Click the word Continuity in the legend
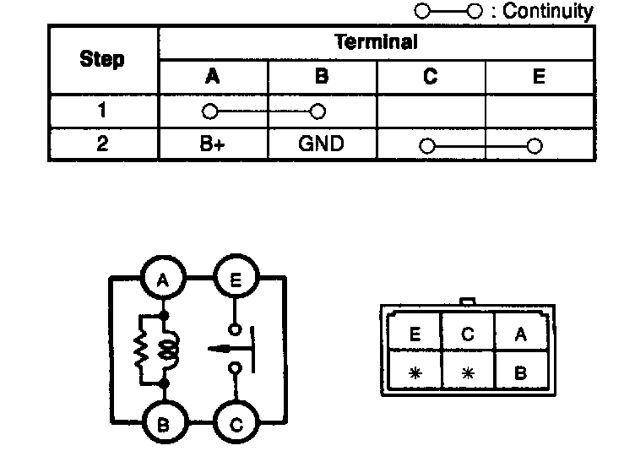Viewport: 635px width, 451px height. pyautogui.click(x=548, y=12)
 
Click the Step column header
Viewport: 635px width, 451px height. pyautogui.click(x=102, y=60)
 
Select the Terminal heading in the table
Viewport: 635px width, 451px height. pyautogui.click(x=376, y=42)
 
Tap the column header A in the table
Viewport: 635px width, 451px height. pyautogui.click(x=213, y=77)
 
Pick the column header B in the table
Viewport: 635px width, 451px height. pyautogui.click(x=321, y=77)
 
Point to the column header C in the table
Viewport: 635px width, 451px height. pyautogui.click(x=431, y=77)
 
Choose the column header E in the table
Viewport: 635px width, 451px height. pyautogui.click(x=539, y=77)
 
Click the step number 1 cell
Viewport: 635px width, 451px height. pyautogui.click(x=102, y=111)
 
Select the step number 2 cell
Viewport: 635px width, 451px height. pyautogui.click(x=102, y=144)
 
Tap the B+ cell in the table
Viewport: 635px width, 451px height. pyautogui.click(x=213, y=144)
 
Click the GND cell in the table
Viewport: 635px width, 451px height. pyautogui.click(x=321, y=144)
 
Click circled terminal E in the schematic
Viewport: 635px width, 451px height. pyautogui.click(x=236, y=280)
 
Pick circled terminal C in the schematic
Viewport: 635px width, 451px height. pyautogui.click(x=236, y=423)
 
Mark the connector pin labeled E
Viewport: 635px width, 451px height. pyautogui.click(x=414, y=334)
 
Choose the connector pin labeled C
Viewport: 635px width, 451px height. pyautogui.click(x=467, y=334)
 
